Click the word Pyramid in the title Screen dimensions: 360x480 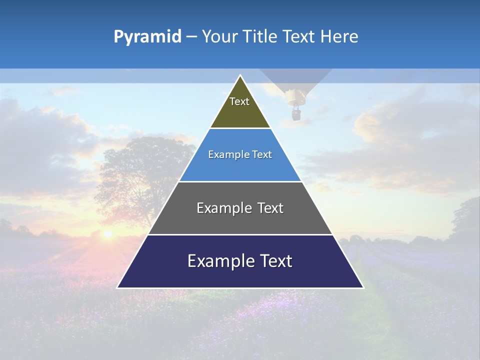147,37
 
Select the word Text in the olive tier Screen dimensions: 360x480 239,101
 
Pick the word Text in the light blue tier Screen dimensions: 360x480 262,155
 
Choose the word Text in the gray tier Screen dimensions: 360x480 270,208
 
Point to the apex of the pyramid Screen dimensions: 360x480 240,76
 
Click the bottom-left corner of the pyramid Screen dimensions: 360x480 118,287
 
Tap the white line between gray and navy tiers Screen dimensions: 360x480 240,234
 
